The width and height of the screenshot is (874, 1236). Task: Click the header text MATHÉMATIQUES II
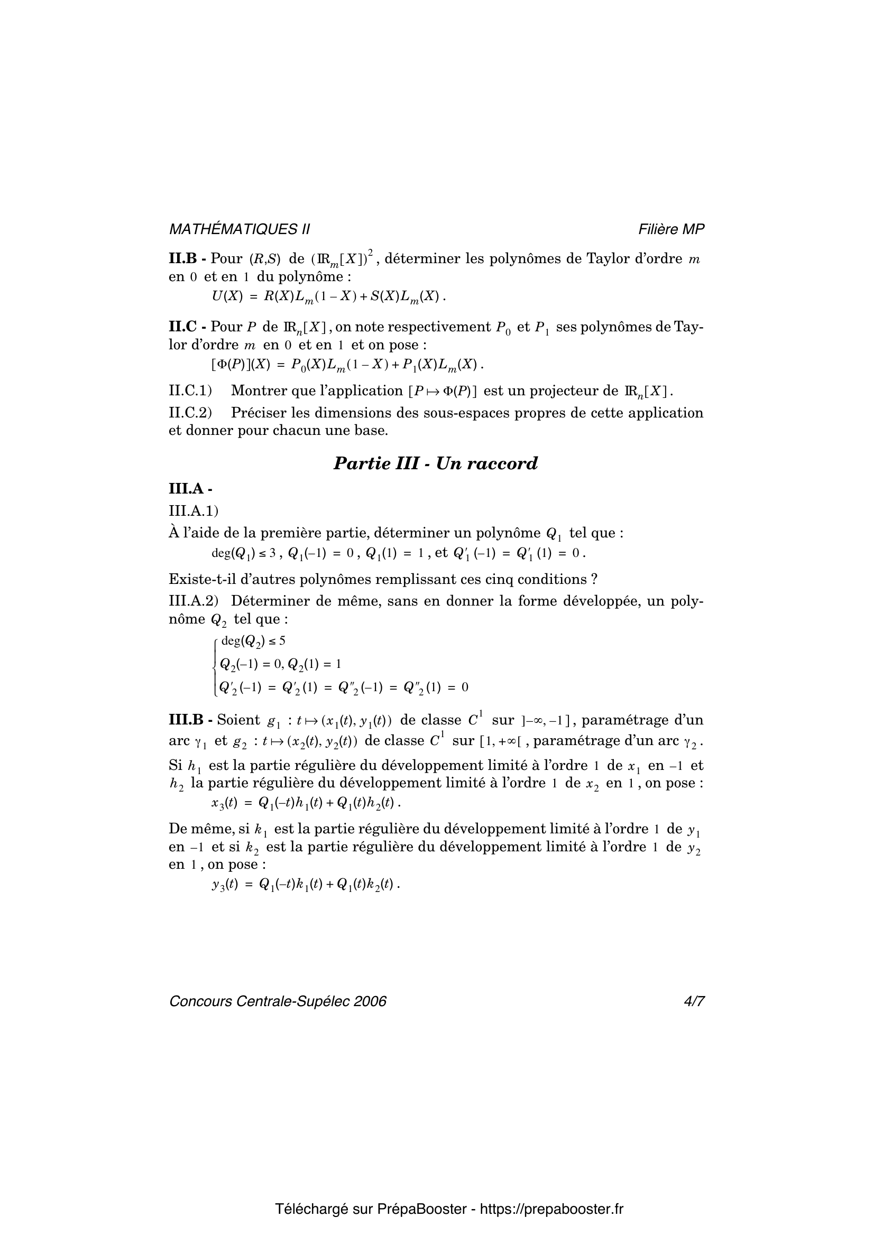coord(239,229)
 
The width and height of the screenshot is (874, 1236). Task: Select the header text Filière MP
coord(671,229)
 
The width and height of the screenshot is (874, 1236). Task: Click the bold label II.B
coord(183,259)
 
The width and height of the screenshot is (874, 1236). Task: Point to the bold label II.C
coord(183,327)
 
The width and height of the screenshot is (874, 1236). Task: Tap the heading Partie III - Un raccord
coord(436,463)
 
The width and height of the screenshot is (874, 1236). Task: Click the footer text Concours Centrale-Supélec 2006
coord(278,1001)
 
